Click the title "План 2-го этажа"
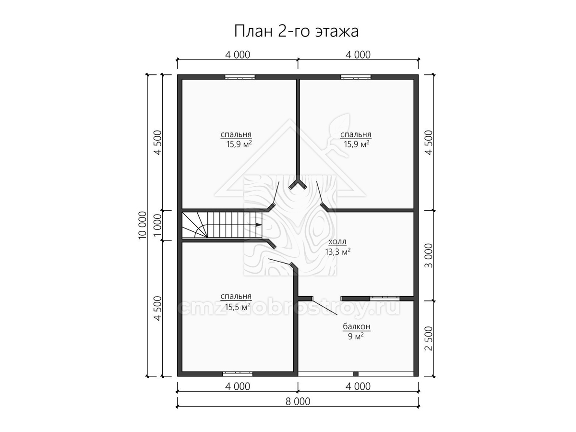tap(296, 32)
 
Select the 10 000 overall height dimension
tap(142, 225)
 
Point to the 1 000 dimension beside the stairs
tap(157, 225)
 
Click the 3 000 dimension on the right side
tap(428, 255)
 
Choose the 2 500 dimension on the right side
tap(428, 338)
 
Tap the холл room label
tap(337, 241)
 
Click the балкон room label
tap(357, 326)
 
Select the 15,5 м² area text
tap(238, 307)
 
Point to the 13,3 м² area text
tap(338, 252)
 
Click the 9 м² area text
tap(356, 336)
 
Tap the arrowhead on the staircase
tap(258, 225)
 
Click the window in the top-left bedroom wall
tap(240, 77)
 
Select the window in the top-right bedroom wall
tap(356, 77)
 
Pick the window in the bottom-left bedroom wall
tap(238, 374)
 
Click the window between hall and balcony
tap(385, 299)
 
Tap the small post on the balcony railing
tap(356, 374)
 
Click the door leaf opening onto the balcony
tap(325, 306)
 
